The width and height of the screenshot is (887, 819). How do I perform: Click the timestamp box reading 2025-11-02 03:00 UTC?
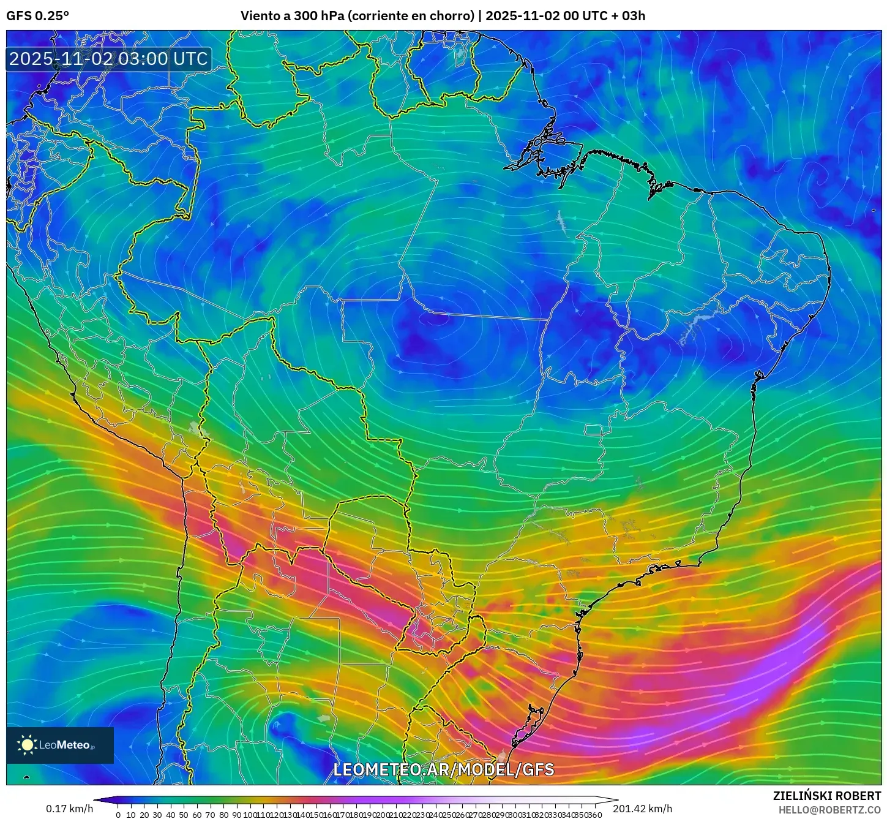108,59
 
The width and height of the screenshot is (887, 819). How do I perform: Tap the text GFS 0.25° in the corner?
37,16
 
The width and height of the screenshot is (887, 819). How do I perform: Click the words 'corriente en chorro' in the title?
411,16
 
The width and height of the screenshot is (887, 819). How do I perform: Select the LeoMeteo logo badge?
60,745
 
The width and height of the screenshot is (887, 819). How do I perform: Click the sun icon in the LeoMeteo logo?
28,745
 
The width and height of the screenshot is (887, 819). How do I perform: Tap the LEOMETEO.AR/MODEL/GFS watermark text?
443,769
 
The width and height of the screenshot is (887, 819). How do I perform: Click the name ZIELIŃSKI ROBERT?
827,796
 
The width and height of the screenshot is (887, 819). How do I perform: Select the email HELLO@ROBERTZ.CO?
829,810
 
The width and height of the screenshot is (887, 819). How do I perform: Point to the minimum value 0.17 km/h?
69,809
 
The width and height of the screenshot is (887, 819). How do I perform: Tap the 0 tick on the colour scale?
118,815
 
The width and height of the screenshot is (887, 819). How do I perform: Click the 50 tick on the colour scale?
184,815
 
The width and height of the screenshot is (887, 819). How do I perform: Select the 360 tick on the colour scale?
594,815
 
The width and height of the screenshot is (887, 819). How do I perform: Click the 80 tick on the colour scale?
223,815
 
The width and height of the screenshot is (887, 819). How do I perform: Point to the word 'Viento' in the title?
260,16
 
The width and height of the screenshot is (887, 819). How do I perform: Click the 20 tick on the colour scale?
144,815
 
